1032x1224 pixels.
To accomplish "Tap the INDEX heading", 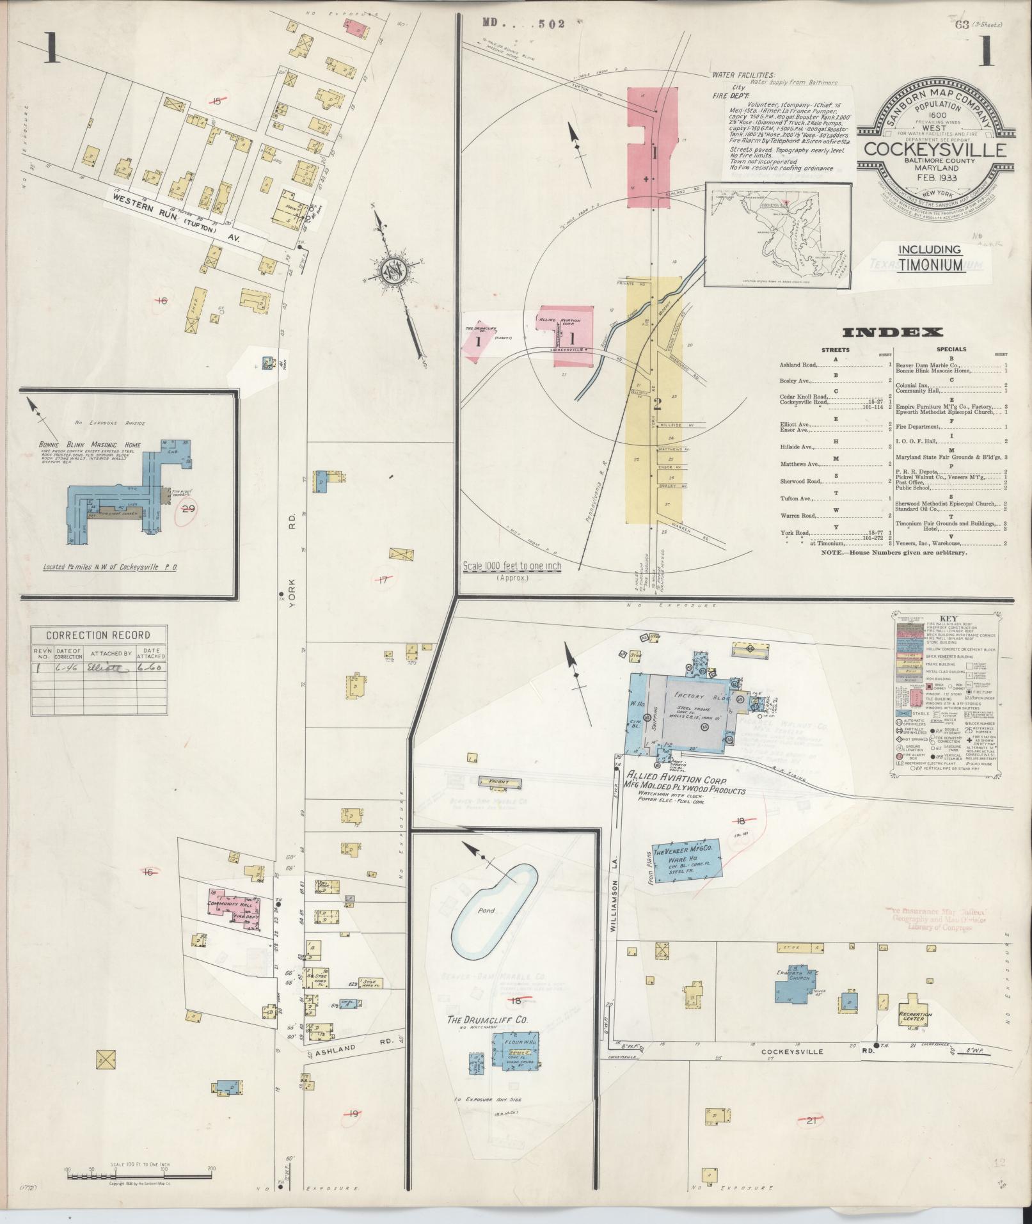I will point(893,332).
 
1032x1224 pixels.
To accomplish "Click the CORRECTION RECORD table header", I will point(98,635).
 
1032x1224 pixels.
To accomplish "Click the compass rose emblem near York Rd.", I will point(392,270).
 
